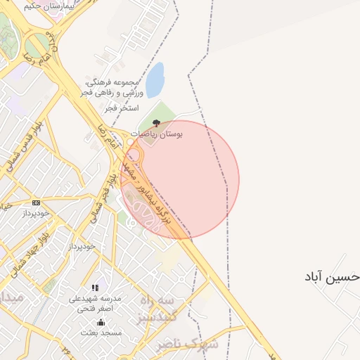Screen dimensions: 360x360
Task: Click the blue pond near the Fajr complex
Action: (155, 75)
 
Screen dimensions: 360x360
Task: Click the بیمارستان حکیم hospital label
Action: (53, 5)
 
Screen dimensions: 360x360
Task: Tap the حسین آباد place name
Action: (330, 276)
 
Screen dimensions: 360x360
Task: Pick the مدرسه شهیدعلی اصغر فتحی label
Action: (95, 303)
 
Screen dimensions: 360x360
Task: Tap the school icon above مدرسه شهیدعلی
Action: (95, 288)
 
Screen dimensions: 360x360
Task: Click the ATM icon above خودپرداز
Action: (36, 202)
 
